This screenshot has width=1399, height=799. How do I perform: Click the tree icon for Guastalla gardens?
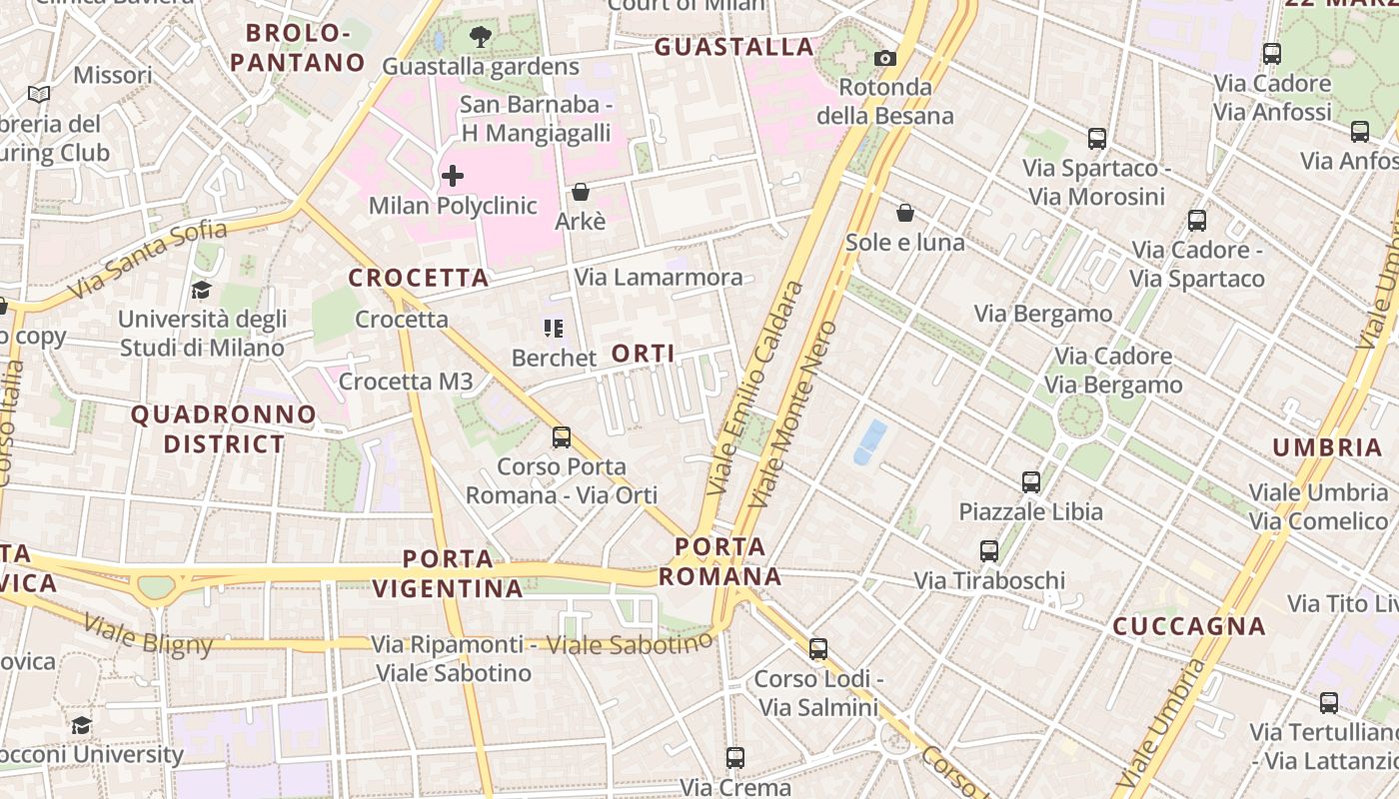(x=481, y=38)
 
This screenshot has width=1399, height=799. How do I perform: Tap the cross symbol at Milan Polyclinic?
(x=453, y=177)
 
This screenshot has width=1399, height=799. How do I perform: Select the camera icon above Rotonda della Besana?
(x=884, y=59)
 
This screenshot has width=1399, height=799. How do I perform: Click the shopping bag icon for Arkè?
(x=581, y=192)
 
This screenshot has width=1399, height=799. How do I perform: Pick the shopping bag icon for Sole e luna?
(x=904, y=213)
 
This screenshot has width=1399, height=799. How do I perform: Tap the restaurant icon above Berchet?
(x=554, y=328)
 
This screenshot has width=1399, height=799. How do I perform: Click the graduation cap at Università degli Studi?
(x=201, y=291)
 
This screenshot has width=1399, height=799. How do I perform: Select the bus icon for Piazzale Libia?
(x=1031, y=482)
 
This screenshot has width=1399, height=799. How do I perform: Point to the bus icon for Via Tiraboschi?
(x=989, y=551)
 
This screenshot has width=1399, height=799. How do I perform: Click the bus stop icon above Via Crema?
(x=735, y=758)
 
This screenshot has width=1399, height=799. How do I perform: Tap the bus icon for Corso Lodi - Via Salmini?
(x=818, y=649)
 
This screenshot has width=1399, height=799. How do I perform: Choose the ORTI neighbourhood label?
(x=643, y=354)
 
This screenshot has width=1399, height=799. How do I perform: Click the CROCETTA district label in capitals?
(x=419, y=279)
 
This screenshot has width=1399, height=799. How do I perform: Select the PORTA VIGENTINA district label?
(x=449, y=573)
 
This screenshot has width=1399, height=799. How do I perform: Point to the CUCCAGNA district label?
(x=1189, y=627)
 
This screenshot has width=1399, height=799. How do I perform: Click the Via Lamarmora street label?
(x=660, y=278)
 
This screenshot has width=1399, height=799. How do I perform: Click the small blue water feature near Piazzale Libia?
(x=870, y=441)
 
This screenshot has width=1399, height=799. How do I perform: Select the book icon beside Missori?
(x=39, y=95)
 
